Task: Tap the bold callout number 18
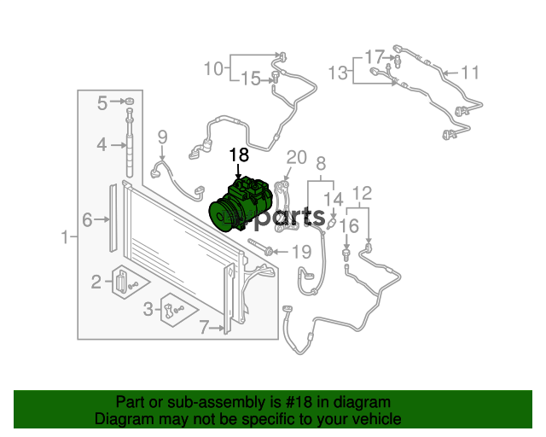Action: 239,154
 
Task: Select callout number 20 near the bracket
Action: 296,158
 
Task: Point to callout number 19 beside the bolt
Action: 301,252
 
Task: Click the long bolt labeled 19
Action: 260,247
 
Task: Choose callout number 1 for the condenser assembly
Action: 65,237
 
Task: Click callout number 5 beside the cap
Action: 102,102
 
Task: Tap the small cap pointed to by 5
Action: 130,102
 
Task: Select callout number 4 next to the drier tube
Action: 102,144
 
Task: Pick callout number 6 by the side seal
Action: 87,220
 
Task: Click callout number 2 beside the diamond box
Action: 96,282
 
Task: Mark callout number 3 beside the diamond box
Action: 148,309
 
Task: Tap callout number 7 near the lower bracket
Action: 204,328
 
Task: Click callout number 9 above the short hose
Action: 163,137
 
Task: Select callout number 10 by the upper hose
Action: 213,68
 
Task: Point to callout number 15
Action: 251,79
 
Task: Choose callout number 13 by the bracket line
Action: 339,73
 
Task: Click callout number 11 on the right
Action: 470,73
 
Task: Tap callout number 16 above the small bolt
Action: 349,226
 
